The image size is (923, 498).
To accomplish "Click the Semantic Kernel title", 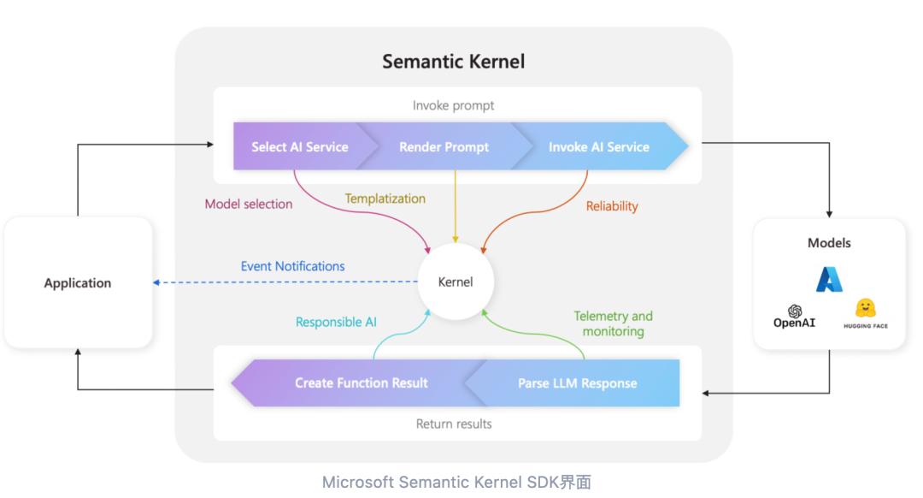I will point(453,62).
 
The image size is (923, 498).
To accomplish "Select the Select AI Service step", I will point(300,147).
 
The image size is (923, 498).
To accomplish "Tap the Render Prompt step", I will point(444,147).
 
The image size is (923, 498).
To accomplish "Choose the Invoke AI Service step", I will point(598,147).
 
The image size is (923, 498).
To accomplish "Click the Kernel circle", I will point(456,282).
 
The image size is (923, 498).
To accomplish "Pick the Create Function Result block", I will point(361,382).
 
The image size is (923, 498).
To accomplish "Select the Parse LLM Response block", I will point(577,382).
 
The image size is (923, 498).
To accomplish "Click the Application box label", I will point(78,282).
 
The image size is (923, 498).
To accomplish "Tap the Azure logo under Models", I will point(829,279).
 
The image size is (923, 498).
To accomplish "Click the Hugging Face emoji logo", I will point(866,308).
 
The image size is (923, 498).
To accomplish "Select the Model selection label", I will point(249,205).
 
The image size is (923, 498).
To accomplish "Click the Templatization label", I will point(385,199).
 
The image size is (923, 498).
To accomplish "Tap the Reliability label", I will point(612,206).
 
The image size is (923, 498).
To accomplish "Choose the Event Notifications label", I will point(292,266).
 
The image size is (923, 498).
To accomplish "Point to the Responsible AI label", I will point(336,322).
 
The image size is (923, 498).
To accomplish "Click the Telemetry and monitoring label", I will point(613,323).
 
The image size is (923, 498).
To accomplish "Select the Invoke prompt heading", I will point(454,105).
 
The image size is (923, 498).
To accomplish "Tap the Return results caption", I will point(454,424).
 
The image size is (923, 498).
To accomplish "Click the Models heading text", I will point(829,243).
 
